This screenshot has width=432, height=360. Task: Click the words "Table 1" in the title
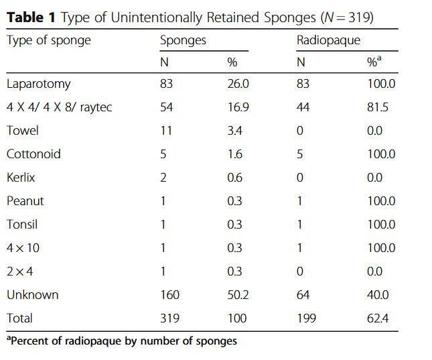point(31,17)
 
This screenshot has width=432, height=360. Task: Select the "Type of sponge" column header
point(48,40)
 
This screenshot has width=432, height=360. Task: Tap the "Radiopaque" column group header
point(328,40)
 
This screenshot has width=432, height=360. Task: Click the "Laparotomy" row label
point(38,84)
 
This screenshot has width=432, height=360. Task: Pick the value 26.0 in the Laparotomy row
point(238,84)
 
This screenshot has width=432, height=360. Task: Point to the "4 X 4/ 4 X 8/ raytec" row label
point(59,107)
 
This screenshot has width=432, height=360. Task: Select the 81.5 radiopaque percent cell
point(377,107)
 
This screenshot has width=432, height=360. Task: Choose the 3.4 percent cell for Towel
point(234,131)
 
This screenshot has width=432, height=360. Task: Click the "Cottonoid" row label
point(33,154)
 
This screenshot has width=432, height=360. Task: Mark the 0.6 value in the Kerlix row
point(234,178)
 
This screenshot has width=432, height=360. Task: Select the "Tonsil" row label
point(21,225)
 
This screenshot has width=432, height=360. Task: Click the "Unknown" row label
point(32,295)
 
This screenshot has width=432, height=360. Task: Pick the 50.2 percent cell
point(238,295)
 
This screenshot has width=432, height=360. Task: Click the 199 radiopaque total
point(306,318)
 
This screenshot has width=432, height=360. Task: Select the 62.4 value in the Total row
point(377,318)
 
